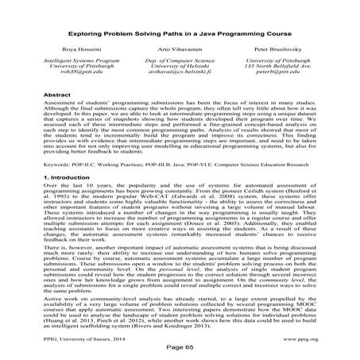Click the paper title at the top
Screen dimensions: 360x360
click(x=180, y=37)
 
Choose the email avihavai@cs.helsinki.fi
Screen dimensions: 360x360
click(x=180, y=91)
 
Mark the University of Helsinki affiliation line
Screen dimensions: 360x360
click(x=180, y=83)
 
